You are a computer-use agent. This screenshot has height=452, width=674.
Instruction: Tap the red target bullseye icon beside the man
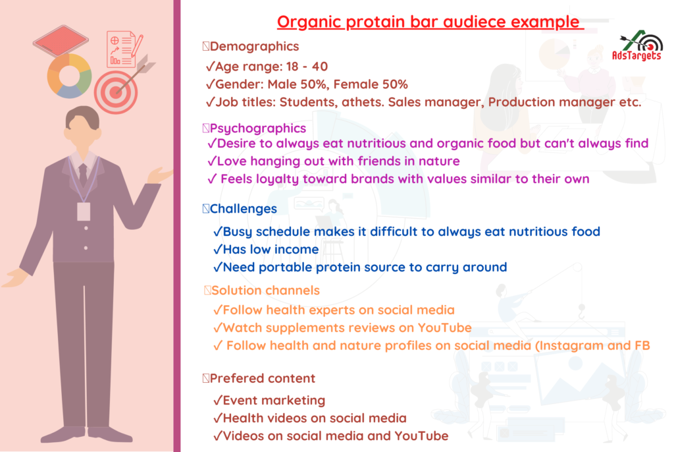[x=116, y=92]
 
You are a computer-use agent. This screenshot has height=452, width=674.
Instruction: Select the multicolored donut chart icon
[x=69, y=76]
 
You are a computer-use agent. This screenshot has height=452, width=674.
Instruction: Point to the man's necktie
[x=83, y=175]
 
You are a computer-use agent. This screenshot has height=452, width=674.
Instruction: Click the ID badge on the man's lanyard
[x=84, y=212]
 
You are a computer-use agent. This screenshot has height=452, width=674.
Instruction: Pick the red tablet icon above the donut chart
[x=61, y=40]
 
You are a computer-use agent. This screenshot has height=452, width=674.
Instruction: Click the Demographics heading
[x=254, y=47]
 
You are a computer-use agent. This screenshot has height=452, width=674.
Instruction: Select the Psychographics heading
[x=258, y=128]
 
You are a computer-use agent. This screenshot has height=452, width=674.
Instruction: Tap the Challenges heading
[x=244, y=209]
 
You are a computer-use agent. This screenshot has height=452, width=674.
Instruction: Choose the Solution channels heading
[x=265, y=291]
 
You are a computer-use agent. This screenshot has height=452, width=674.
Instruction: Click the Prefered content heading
[x=262, y=378]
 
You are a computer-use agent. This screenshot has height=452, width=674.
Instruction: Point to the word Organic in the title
[x=309, y=22]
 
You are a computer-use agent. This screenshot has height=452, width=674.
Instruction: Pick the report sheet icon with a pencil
[x=124, y=49]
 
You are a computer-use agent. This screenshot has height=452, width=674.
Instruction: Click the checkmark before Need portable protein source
[x=217, y=268]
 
